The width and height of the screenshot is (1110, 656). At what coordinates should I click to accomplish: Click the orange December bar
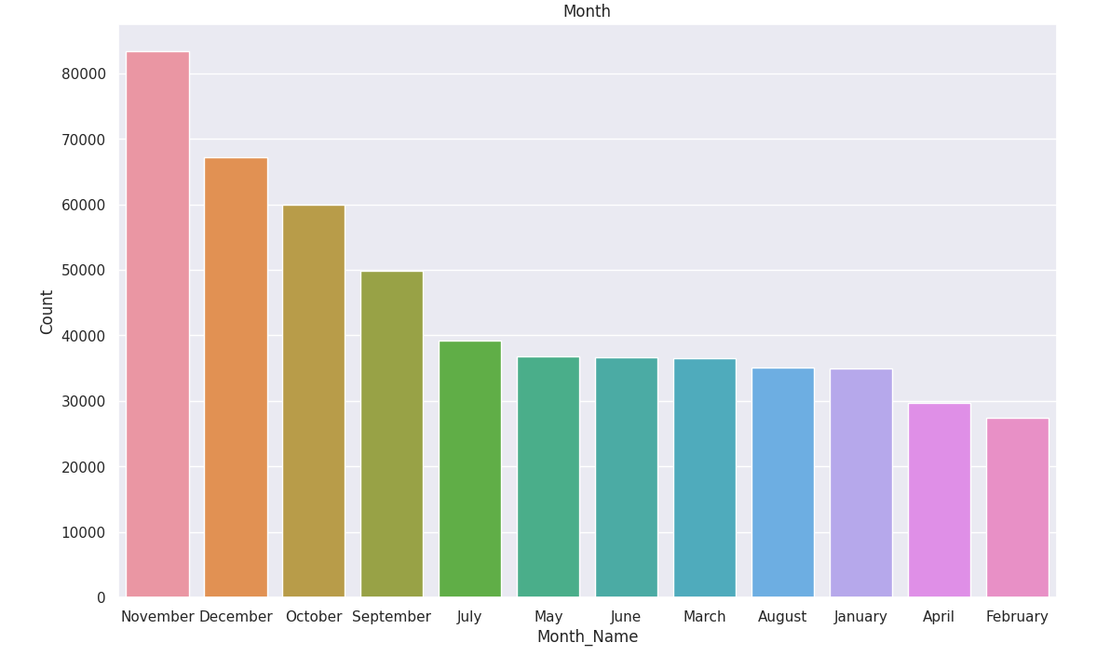coord(236,377)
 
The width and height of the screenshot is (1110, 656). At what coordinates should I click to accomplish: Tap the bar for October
coord(314,401)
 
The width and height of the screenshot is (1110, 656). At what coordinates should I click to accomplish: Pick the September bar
coord(392,434)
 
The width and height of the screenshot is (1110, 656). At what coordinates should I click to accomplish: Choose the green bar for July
coord(470,469)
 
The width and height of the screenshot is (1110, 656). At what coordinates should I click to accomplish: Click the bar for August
coord(783,482)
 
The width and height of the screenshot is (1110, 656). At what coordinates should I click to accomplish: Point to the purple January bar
coord(861,483)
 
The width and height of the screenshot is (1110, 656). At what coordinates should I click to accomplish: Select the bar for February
coord(1017,507)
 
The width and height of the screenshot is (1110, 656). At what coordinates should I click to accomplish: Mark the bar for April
coord(939,500)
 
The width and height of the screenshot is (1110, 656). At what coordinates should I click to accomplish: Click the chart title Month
coord(587,12)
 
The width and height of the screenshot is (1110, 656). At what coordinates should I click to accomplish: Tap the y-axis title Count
coord(47,312)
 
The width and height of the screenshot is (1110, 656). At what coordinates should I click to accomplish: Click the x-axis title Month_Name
coord(587,637)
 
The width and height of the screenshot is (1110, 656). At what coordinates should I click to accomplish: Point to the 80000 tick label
coord(77,74)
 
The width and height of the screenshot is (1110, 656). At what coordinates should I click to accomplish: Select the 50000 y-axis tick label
coord(77,271)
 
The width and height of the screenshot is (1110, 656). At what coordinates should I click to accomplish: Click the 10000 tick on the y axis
coord(77,533)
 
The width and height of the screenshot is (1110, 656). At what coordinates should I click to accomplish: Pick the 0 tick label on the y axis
coord(101,598)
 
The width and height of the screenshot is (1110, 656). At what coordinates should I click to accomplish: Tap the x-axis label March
coord(704,617)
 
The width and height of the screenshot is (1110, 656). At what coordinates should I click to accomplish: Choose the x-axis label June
coord(626,617)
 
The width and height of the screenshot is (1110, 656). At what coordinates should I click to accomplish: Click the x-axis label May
coord(548,617)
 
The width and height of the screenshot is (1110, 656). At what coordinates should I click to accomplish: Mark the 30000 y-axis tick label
coord(77,402)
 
